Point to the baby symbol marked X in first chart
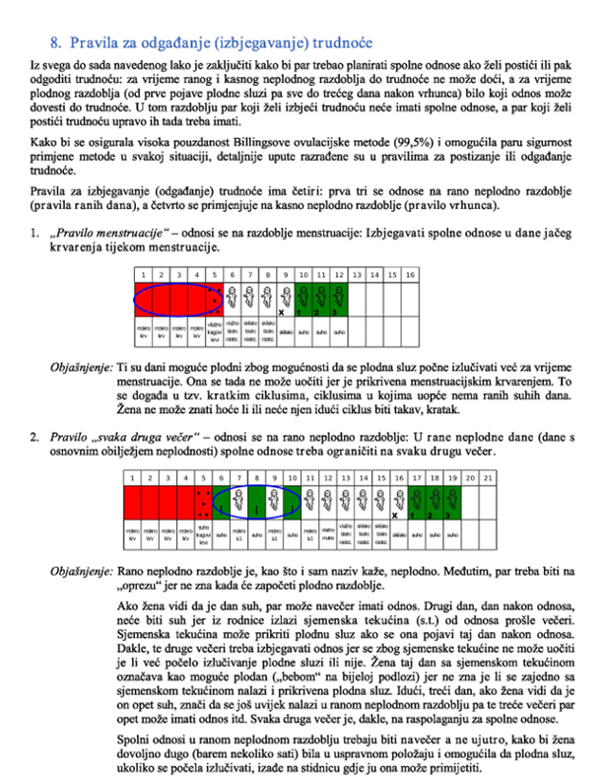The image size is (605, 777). pos(282,301)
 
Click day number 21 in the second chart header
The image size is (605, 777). pos(485,477)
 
